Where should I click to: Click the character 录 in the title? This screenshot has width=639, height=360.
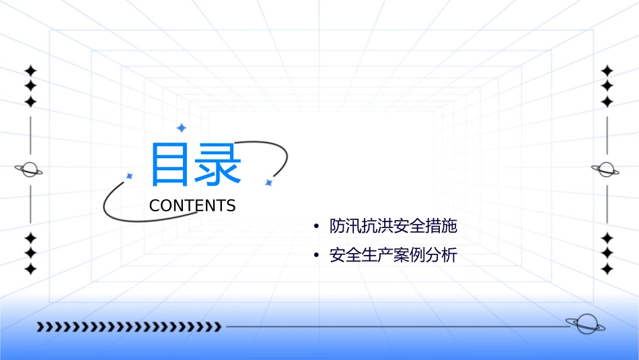pyautogui.click(x=217, y=165)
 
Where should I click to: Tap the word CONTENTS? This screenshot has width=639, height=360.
pyautogui.click(x=192, y=206)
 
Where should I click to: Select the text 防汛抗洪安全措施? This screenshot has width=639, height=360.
pyautogui.click(x=393, y=226)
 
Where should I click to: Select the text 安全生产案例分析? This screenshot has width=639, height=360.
pyautogui.click(x=393, y=256)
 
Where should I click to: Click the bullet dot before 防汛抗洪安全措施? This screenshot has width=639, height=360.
pyautogui.click(x=316, y=227)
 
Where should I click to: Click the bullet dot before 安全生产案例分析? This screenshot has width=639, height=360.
pyautogui.click(x=316, y=256)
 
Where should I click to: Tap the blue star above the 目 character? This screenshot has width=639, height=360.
pyautogui.click(x=180, y=128)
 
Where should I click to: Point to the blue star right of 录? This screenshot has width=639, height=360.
pyautogui.click(x=268, y=182)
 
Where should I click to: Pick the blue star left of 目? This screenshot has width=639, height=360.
pyautogui.click(x=130, y=176)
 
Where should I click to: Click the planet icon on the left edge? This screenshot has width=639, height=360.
pyautogui.click(x=29, y=170)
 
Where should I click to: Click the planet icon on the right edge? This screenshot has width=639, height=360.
pyautogui.click(x=606, y=170)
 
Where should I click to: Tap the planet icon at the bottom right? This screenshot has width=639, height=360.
pyautogui.click(x=585, y=324)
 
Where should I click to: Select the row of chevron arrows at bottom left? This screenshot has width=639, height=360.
pyautogui.click(x=129, y=327)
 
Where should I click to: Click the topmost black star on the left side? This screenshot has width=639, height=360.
pyautogui.click(x=30, y=71)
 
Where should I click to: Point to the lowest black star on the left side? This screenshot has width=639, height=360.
pyautogui.click(x=30, y=269)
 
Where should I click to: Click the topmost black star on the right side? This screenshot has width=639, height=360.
pyautogui.click(x=607, y=71)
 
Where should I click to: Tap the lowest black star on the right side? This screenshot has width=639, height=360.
pyautogui.click(x=607, y=269)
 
